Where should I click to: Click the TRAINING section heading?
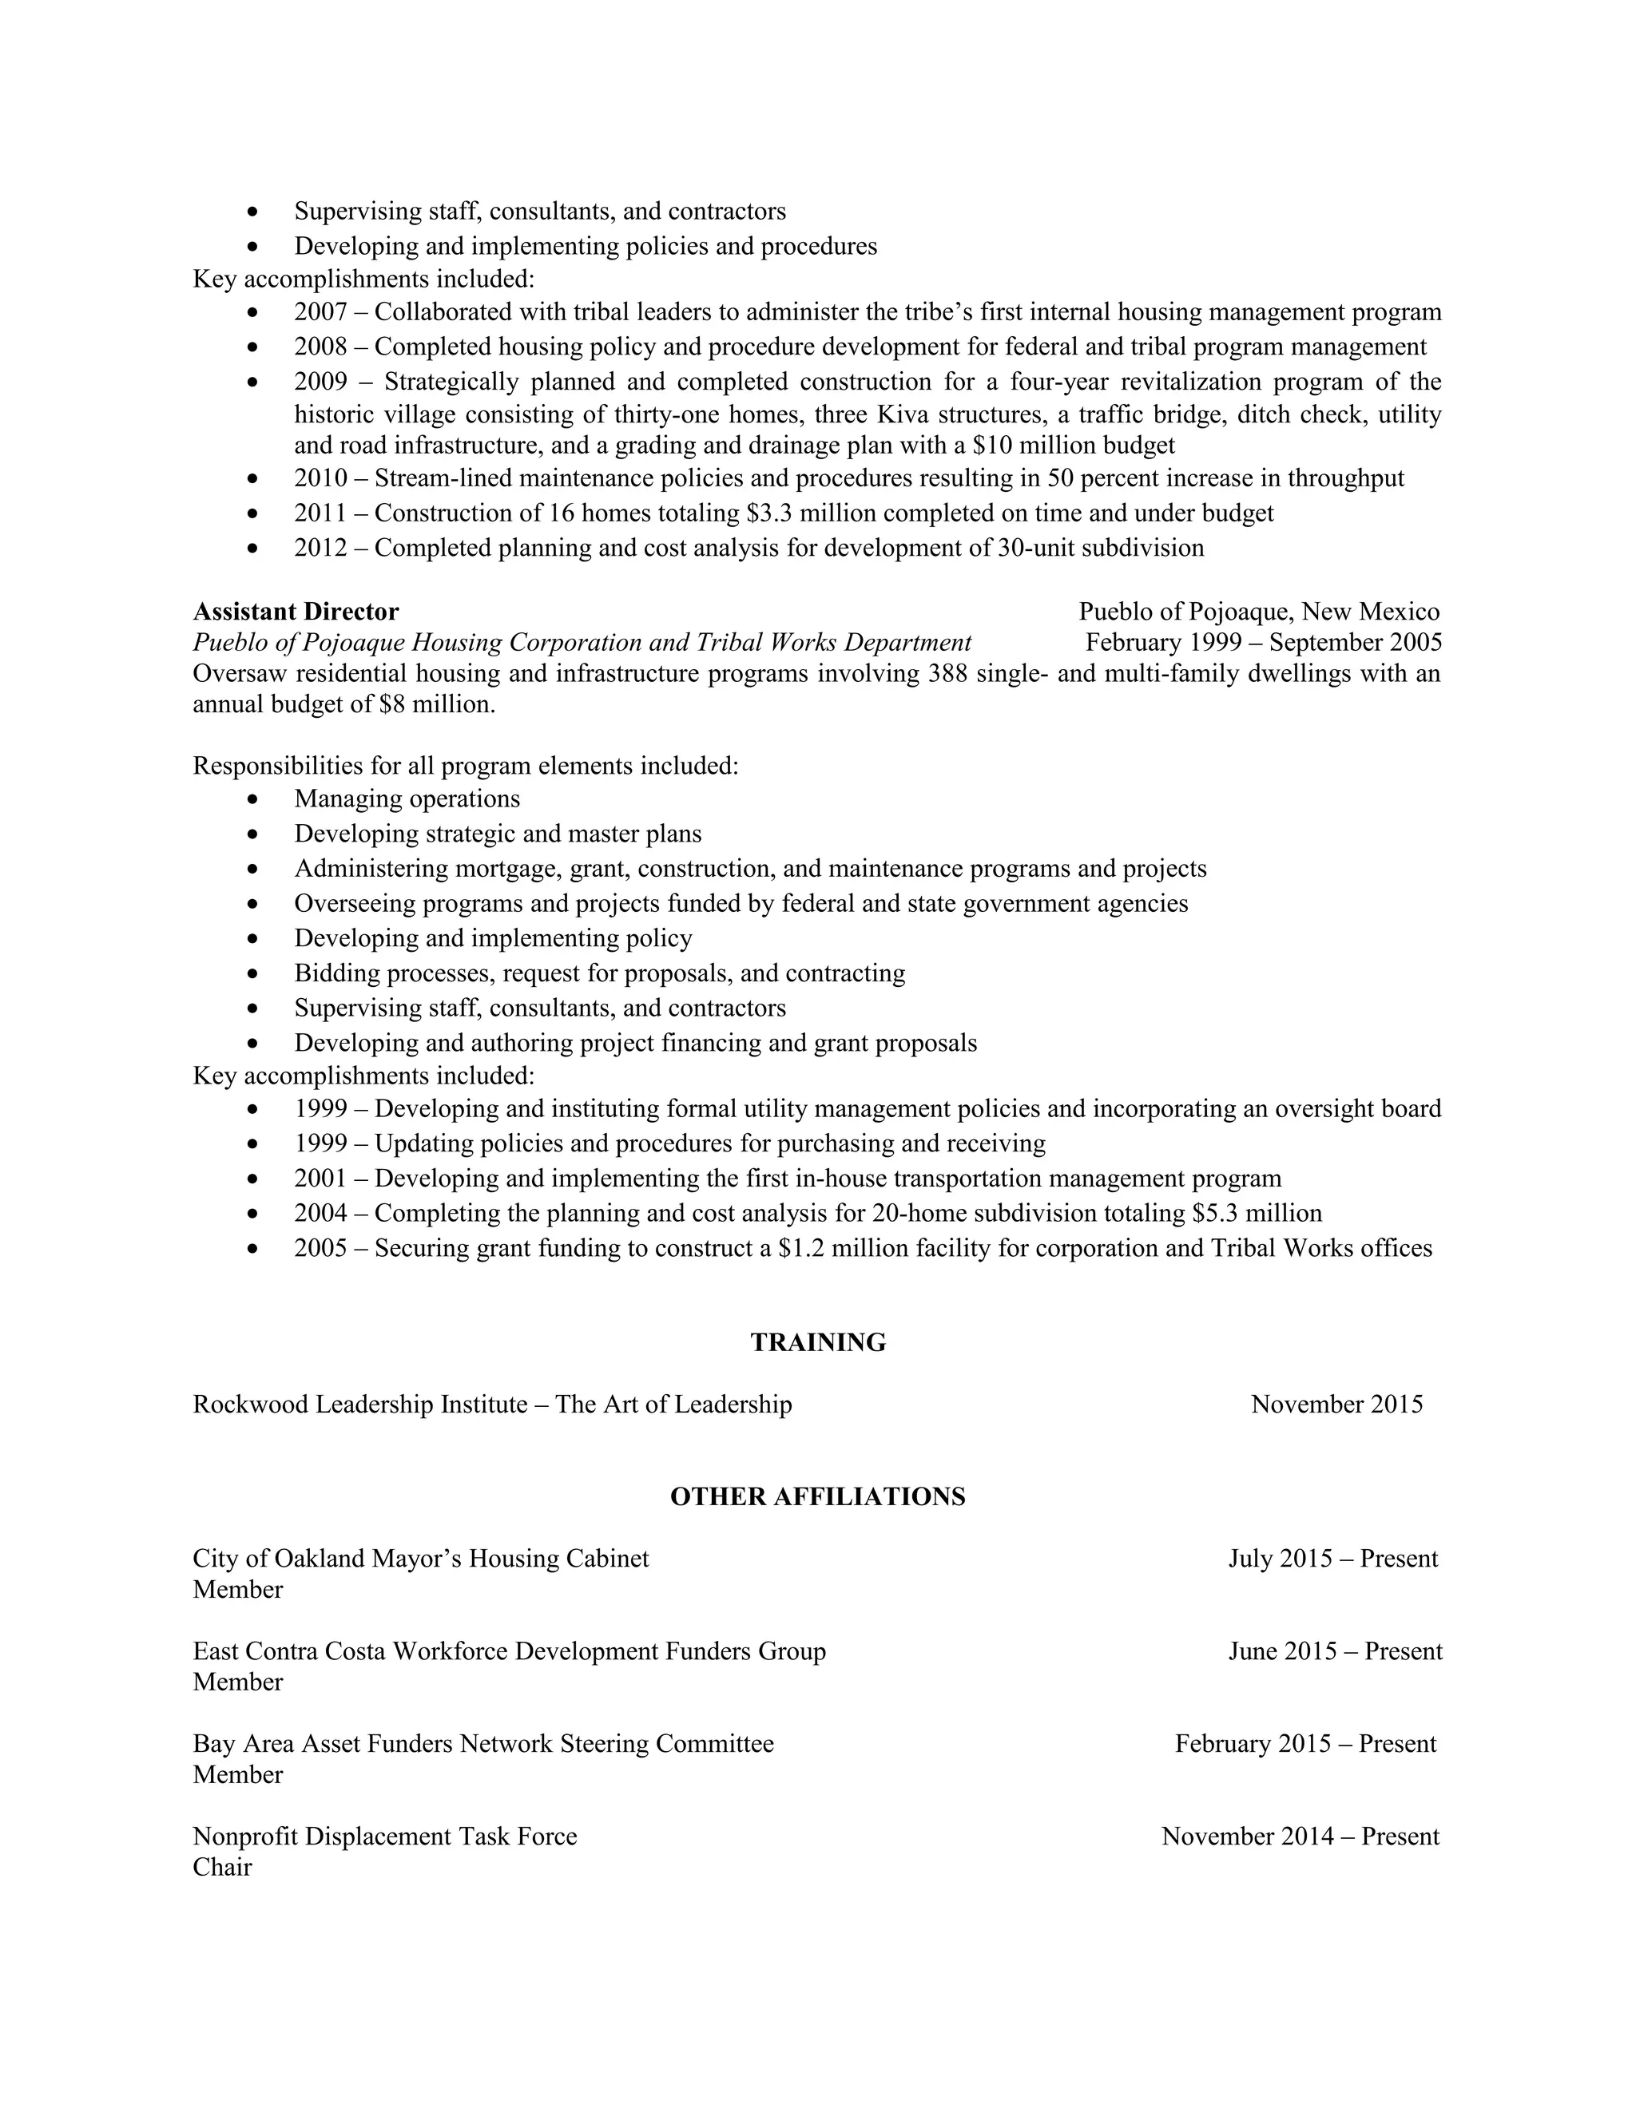coord(817,1342)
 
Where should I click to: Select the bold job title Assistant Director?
coord(296,612)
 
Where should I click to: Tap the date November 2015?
coord(1336,1404)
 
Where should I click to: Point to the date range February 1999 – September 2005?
coord(1263,642)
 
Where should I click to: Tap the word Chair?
coord(222,1867)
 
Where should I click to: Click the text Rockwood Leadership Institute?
coord(359,1404)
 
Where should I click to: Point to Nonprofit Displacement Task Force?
coord(385,1836)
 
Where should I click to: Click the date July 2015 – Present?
coord(1332,1558)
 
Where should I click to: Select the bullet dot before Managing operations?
coord(253,800)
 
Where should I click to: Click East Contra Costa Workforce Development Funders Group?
coord(509,1651)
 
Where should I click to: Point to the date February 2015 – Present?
coord(1305,1743)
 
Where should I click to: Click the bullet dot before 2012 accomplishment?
coord(253,549)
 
